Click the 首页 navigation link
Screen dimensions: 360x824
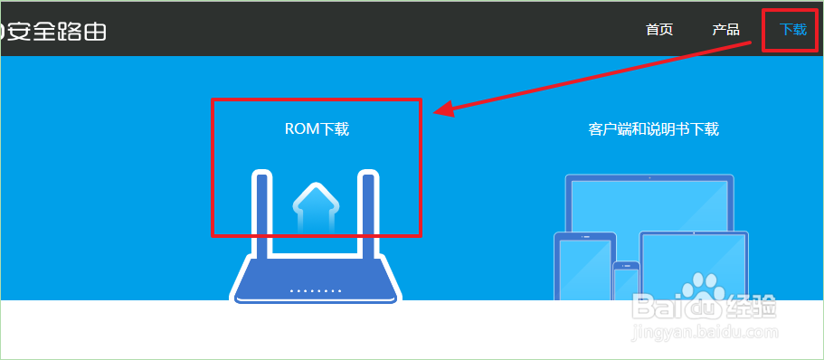(x=659, y=29)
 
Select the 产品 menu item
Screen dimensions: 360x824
(x=725, y=29)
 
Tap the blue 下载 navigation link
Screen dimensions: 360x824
(x=792, y=29)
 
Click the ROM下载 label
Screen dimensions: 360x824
(x=317, y=129)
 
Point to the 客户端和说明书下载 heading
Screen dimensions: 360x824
(x=653, y=129)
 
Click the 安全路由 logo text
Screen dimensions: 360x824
(x=56, y=31)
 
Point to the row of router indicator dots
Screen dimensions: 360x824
(x=315, y=291)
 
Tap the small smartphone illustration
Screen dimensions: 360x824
(x=626, y=281)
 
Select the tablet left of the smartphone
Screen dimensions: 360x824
(x=584, y=266)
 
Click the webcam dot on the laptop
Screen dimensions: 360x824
(x=649, y=178)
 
